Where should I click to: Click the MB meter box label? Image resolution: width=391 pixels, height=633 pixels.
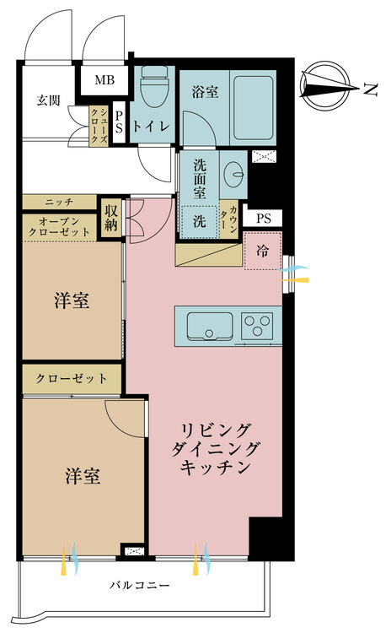pyautogui.click(x=104, y=80)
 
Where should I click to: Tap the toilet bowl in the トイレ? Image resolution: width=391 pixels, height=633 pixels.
pyautogui.click(x=155, y=86)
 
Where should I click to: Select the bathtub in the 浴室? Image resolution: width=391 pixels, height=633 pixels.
pyautogui.click(x=254, y=108)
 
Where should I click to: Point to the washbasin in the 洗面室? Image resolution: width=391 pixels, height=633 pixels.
pyautogui.click(x=233, y=175)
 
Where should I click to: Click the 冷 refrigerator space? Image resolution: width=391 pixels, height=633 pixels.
pyautogui.click(x=263, y=252)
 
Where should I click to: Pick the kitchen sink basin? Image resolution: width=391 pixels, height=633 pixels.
pyautogui.click(x=209, y=326)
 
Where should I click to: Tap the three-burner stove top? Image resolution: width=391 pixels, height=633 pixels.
pyautogui.click(x=256, y=326)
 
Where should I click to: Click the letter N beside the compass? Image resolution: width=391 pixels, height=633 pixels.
pyautogui.click(x=370, y=89)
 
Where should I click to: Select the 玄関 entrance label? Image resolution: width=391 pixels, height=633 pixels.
pyautogui.click(x=48, y=100)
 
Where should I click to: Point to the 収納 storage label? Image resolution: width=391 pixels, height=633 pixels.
pyautogui.click(x=111, y=218)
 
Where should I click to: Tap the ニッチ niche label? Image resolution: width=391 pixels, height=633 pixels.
pyautogui.click(x=59, y=202)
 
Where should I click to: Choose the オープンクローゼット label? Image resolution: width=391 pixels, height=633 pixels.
pyautogui.click(x=59, y=227)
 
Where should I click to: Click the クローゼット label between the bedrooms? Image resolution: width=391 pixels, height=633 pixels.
pyautogui.click(x=72, y=379)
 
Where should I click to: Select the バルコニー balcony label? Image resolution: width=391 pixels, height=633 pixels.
pyautogui.click(x=140, y=585)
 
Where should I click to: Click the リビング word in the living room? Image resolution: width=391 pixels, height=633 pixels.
pyautogui.click(x=216, y=430)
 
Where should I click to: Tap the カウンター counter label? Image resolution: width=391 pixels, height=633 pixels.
pyautogui.click(x=228, y=220)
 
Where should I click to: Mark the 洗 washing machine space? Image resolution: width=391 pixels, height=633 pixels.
pyautogui.click(x=200, y=221)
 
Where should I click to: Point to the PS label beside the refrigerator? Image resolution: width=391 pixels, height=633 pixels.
pyautogui.click(x=264, y=219)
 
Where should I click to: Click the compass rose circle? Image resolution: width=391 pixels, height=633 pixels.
pyautogui.click(x=324, y=86)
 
